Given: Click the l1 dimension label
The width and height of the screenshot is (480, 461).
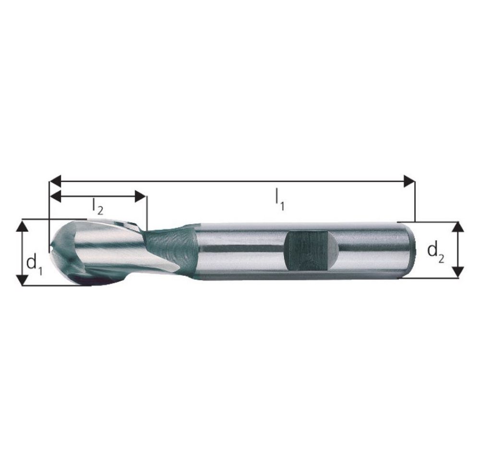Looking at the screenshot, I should [279, 199].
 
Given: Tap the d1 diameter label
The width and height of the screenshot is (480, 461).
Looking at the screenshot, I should [34, 264].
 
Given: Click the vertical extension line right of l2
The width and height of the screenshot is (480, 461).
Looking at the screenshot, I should [147, 211].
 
